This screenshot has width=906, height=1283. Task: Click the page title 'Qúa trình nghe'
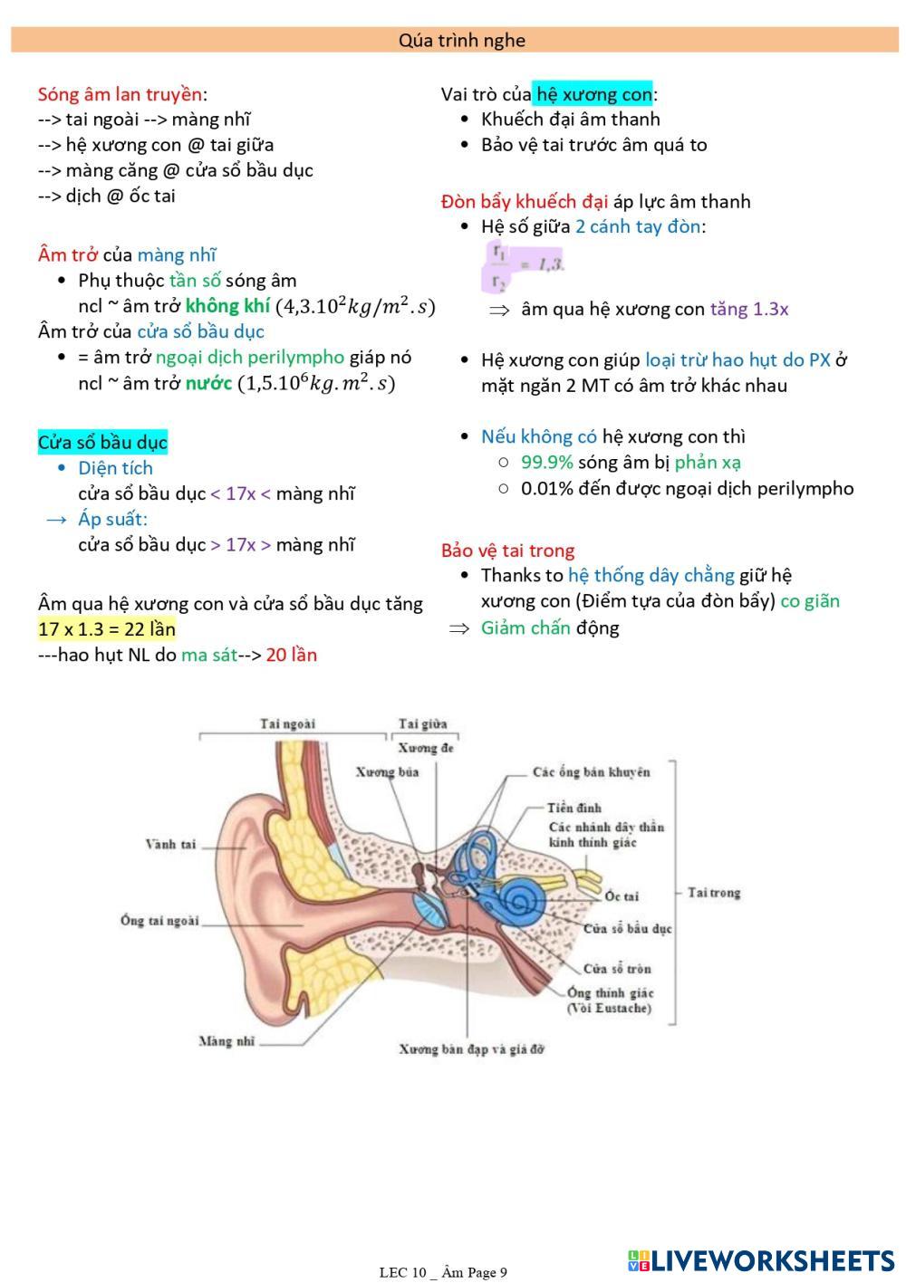coord(461,41)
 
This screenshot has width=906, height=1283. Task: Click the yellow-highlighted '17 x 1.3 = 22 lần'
coord(107,629)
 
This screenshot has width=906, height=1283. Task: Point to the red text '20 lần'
coord(291,655)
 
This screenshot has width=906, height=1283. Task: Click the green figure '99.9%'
coord(547,463)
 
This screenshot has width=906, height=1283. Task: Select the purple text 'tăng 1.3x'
coord(749,310)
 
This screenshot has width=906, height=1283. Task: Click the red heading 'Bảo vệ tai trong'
coord(507,551)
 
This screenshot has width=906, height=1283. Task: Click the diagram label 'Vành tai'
coord(170,845)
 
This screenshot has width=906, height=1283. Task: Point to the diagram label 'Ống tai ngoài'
coord(159,921)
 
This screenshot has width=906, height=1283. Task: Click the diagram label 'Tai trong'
coord(714,893)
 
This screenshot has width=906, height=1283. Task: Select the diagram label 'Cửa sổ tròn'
coord(617,969)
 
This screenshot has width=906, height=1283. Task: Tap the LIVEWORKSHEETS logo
coord(761,1260)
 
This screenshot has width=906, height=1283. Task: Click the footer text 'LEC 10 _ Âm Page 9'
coord(443,1272)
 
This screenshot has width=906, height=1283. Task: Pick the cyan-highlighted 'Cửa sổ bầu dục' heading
coord(102,443)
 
